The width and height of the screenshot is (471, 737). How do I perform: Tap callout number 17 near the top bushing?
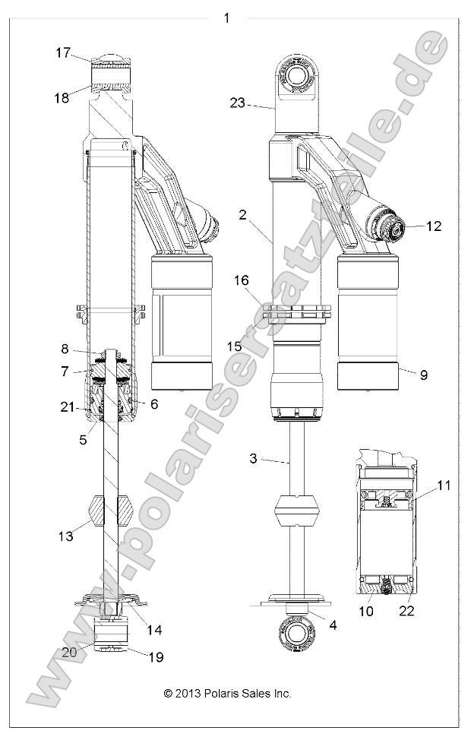pos(62,53)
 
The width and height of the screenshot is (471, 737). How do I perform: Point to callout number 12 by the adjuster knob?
pos(433,226)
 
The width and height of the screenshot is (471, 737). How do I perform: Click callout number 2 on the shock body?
pos(242,215)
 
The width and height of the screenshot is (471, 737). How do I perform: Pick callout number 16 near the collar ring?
pos(242,280)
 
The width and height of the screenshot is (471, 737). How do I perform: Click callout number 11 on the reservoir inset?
pos(444,485)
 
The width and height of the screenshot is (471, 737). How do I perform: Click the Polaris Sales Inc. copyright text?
pos(228,693)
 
